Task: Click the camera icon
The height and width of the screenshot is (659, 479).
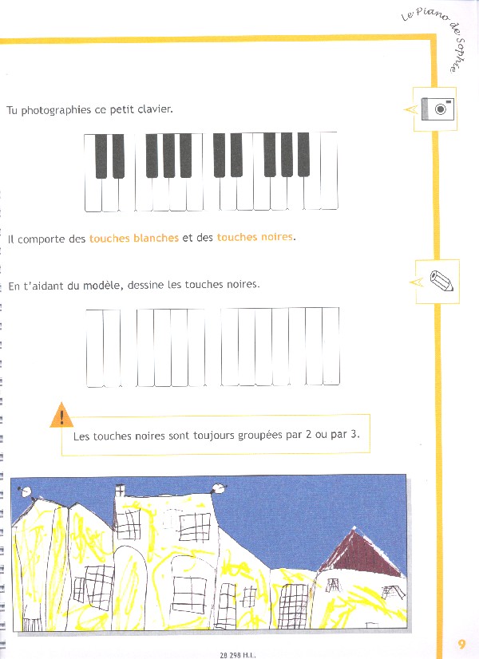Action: (x=437, y=109)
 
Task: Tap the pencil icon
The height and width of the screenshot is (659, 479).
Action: (x=441, y=280)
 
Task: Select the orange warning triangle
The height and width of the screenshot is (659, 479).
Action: (x=61, y=415)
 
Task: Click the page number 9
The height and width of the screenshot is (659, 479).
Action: (x=461, y=644)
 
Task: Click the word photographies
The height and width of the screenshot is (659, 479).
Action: (x=56, y=110)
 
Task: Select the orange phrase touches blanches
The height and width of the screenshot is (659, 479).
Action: (x=134, y=238)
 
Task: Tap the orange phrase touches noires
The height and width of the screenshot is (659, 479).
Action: (x=255, y=237)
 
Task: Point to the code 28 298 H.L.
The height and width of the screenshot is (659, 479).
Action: (x=238, y=655)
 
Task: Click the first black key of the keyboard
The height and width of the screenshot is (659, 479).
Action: (x=101, y=156)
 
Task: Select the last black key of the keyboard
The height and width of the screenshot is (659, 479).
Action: (x=303, y=154)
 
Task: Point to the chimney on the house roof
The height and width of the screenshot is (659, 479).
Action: (x=120, y=490)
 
